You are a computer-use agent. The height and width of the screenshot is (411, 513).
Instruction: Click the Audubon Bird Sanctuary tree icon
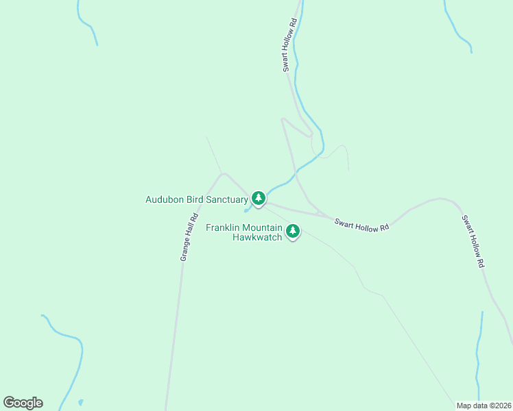pyautogui.click(x=258, y=199)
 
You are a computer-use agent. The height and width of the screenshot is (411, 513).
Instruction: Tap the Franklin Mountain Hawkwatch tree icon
pyautogui.click(x=293, y=231)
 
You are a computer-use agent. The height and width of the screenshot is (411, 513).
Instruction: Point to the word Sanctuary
pyautogui.click(x=226, y=200)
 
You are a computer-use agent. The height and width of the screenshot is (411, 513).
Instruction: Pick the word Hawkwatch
pyautogui.click(x=257, y=238)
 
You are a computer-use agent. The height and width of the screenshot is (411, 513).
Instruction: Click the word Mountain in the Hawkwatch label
pyautogui.click(x=263, y=228)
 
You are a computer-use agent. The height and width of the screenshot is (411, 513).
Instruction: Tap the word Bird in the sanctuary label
pyautogui.click(x=195, y=200)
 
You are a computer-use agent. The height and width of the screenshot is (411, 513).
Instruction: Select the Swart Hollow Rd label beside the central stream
pyautogui.click(x=290, y=45)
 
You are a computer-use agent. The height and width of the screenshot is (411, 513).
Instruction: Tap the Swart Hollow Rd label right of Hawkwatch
pyautogui.click(x=361, y=224)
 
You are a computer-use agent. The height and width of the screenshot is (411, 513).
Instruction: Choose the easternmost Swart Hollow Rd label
pyautogui.click(x=473, y=241)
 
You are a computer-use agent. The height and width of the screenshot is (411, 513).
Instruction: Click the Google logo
pyautogui.click(x=23, y=403)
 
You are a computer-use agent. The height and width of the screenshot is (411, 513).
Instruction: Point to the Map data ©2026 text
pyautogui.click(x=484, y=406)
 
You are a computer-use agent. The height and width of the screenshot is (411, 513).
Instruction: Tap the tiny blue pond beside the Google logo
pyautogui.click(x=80, y=401)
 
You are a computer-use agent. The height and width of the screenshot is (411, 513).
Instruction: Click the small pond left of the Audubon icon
pyautogui.click(x=246, y=210)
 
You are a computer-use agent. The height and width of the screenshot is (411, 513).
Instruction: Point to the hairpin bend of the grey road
pyautogui.click(x=283, y=119)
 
